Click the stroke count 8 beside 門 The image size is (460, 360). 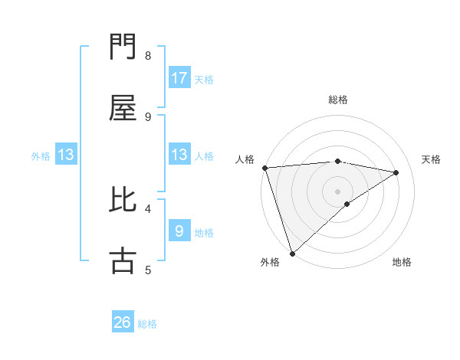148,56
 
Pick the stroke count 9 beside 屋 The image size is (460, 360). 148,117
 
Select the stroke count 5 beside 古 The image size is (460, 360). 148,270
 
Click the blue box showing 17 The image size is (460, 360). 179,78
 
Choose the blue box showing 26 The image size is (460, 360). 123,322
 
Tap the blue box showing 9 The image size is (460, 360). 179,231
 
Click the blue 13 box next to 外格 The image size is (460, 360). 66,155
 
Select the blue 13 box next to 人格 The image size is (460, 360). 179,155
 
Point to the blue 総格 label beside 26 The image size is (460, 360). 147,324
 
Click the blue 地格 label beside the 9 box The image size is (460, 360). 204,232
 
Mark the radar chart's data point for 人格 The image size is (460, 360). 264,168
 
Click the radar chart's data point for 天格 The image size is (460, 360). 396,172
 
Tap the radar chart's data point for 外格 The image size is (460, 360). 292,253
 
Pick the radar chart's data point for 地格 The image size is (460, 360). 347,204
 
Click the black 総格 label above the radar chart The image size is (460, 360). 338,100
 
